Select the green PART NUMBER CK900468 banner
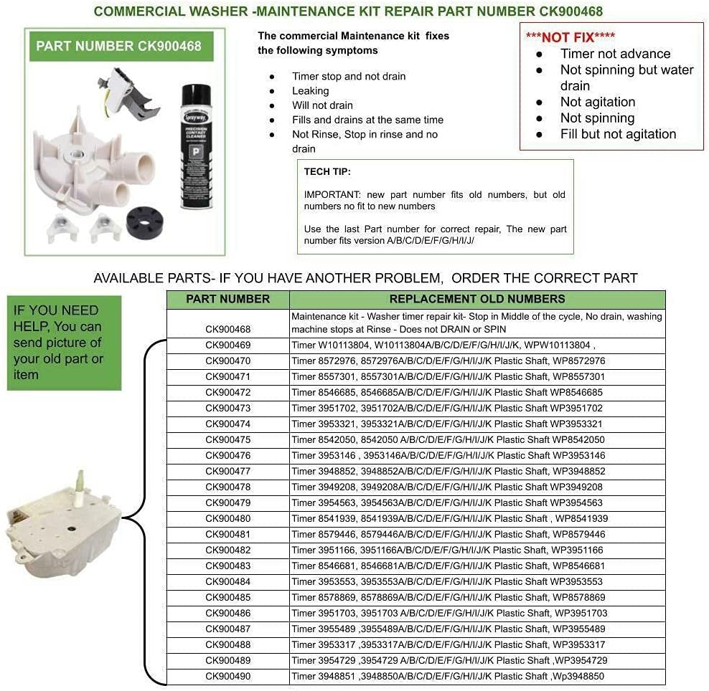pyautogui.click(x=119, y=46)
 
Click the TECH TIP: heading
pyautogui.click(x=327, y=172)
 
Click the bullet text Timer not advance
pyautogui.click(x=615, y=54)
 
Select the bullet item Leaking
pyautogui.click(x=310, y=91)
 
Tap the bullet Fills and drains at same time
pyautogui.click(x=367, y=120)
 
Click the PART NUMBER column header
pyautogui.click(x=228, y=299)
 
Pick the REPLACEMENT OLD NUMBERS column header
pyautogui.click(x=476, y=299)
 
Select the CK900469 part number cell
pyautogui.click(x=228, y=345)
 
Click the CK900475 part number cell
pyautogui.click(x=228, y=440)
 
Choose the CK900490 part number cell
pyautogui.click(x=228, y=677)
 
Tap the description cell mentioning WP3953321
pyautogui.click(x=476, y=424)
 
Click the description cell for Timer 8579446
pyautogui.click(x=476, y=535)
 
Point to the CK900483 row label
pyautogui.click(x=228, y=566)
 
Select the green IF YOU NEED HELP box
pyautogui.click(x=64, y=343)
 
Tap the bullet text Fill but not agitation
pyautogui.click(x=618, y=134)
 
